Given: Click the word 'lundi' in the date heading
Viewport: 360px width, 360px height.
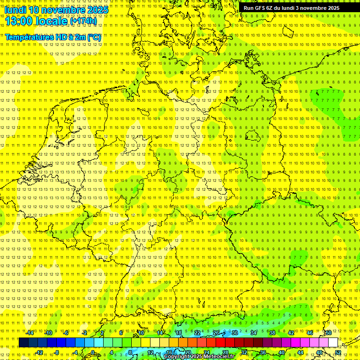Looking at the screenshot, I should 15,9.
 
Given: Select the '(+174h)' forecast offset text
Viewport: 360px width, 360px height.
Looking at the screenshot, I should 83,21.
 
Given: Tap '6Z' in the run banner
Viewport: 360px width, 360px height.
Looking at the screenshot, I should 271,8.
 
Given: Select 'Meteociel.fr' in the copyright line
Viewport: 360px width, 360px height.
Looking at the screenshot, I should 219,357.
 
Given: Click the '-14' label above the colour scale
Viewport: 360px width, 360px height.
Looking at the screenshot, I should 30,333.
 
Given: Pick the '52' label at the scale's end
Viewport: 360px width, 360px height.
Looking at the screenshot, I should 337,352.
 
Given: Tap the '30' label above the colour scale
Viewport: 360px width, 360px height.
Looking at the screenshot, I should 235,333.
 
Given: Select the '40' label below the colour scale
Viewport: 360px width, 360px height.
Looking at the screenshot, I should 281,352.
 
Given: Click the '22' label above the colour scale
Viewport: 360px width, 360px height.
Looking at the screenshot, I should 197,333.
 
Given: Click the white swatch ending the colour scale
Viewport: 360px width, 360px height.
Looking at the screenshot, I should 332,343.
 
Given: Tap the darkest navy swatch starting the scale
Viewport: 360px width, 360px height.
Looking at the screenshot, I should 23,343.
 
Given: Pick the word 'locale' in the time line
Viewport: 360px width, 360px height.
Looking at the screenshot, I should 53,21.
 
